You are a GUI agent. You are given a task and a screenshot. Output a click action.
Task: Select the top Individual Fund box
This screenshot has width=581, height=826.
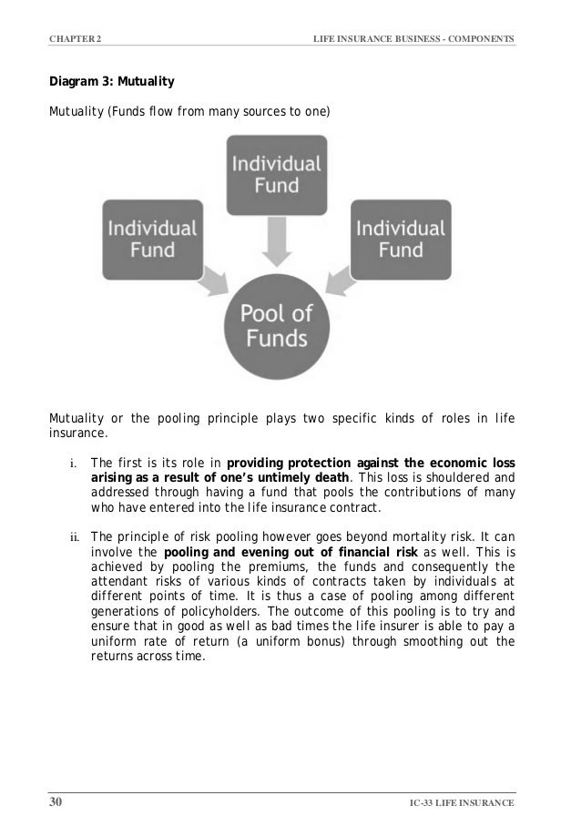(x=276, y=175)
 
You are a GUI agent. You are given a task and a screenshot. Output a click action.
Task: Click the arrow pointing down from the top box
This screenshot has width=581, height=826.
(x=276, y=243)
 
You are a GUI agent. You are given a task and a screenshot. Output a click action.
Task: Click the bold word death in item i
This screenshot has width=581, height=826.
(x=330, y=477)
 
